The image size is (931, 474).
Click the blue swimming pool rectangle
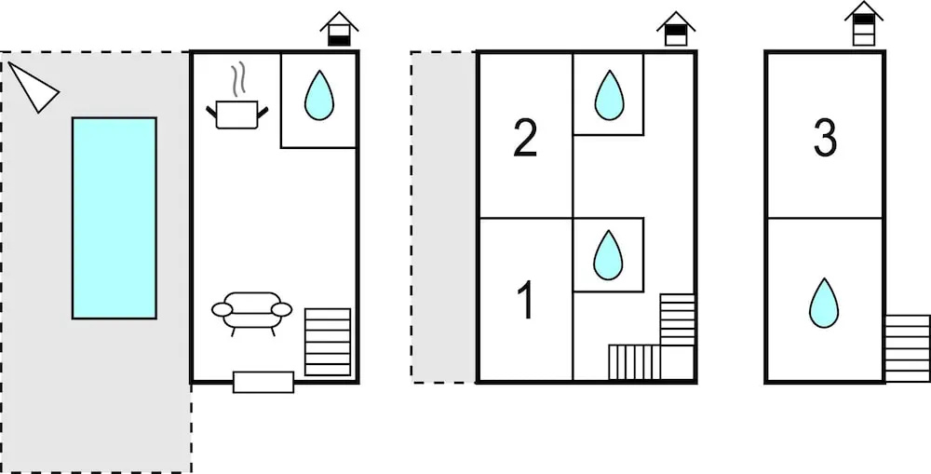(x=114, y=218)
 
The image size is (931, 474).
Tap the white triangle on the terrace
(x=34, y=88)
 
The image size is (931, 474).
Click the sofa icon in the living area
(x=251, y=313)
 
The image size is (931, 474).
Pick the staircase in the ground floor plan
(x=327, y=342)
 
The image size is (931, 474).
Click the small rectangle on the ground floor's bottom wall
(x=263, y=382)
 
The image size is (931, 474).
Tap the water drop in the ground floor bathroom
(x=318, y=95)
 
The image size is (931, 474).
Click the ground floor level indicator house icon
(x=339, y=29)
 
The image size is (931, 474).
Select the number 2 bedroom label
(x=525, y=139)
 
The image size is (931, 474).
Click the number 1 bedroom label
(x=526, y=301)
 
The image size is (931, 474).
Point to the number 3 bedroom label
(x=825, y=139)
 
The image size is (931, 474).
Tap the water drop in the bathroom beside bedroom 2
(x=609, y=95)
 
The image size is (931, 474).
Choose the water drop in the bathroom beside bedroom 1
(x=608, y=255)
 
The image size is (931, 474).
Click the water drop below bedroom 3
(x=824, y=303)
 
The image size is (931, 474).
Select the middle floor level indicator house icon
(x=676, y=29)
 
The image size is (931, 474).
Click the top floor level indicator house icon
(x=864, y=24)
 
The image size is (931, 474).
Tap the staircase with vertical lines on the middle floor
(x=634, y=361)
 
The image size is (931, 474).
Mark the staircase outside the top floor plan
(x=907, y=348)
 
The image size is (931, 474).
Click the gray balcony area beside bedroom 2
(x=443, y=217)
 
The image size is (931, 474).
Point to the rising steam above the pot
(x=237, y=81)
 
